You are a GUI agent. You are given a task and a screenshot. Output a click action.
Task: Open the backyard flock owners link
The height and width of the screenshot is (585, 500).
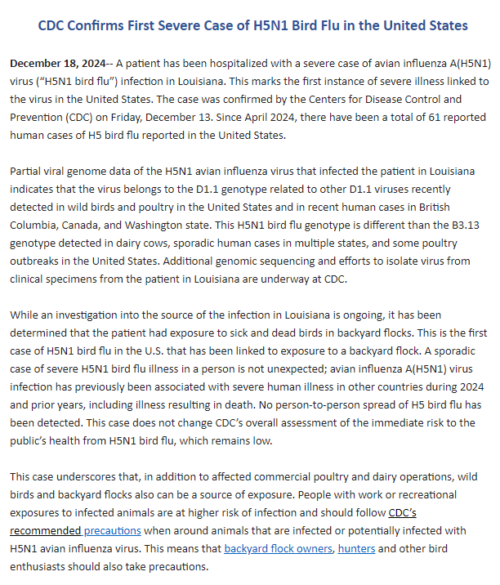click(x=279, y=548)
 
